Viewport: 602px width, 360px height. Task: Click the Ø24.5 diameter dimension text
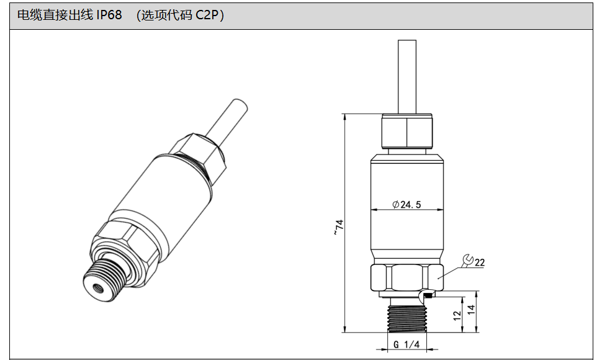407,205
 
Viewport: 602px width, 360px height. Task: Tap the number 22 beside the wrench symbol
480,263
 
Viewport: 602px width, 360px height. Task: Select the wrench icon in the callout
468,260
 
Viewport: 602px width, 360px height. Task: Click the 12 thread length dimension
457,315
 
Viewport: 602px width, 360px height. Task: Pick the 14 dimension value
471,309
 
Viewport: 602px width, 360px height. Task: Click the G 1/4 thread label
407,344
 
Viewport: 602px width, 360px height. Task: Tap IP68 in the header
109,15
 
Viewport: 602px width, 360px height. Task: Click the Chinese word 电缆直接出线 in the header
55,15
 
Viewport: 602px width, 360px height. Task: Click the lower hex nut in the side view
407,277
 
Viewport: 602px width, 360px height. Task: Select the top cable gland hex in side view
407,131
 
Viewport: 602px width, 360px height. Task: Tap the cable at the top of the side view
407,76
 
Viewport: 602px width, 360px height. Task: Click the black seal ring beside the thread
429,295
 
